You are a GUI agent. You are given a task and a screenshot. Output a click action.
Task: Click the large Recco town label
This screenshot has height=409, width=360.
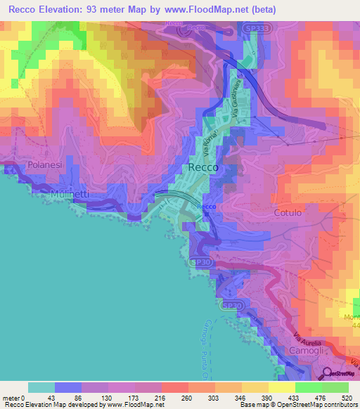point(203,168)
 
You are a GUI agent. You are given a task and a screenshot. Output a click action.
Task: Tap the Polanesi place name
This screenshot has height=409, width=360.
point(45,164)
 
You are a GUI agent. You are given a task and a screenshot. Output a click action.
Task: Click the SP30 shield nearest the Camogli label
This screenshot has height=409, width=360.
point(231,306)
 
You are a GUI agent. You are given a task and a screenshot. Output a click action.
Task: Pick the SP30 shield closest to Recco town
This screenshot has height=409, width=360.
point(201,262)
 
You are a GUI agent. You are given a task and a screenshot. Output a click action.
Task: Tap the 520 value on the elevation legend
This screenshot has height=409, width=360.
point(345,398)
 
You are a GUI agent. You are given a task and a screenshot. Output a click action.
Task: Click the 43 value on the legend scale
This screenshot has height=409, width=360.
point(41,398)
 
